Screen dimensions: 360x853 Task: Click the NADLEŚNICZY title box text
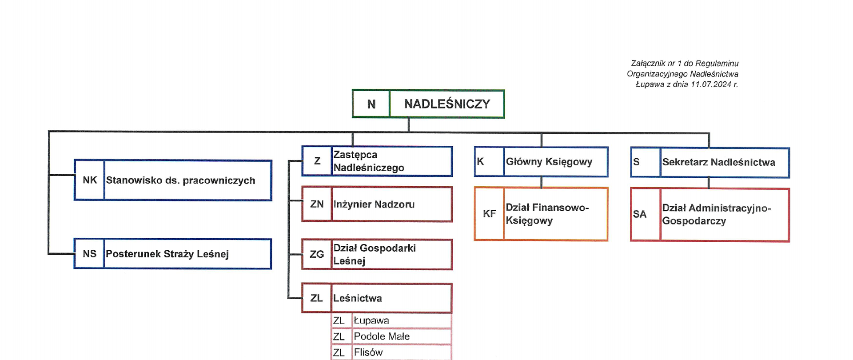click(447, 104)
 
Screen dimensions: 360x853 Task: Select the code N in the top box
click(371, 104)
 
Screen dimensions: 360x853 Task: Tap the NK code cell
click(90, 180)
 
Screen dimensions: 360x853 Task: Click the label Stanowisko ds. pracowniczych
click(180, 180)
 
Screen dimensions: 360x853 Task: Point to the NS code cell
click(89, 254)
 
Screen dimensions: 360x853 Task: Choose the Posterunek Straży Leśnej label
click(167, 254)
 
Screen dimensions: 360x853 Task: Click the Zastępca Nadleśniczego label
click(369, 161)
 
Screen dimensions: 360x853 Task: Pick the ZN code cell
click(317, 204)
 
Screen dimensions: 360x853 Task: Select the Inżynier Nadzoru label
click(374, 204)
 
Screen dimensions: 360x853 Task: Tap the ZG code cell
click(317, 254)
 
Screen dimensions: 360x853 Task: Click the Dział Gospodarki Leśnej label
click(375, 254)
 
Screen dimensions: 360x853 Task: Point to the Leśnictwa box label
click(357, 298)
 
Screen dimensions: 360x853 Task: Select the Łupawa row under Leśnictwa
click(371, 320)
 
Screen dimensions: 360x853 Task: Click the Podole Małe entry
click(382, 336)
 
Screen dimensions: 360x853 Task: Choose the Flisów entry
click(368, 352)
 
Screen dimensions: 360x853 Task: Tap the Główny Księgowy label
click(549, 162)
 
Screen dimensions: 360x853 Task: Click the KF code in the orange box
click(489, 214)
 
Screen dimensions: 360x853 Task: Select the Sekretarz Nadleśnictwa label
click(718, 162)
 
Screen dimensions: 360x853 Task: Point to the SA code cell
click(639, 214)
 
